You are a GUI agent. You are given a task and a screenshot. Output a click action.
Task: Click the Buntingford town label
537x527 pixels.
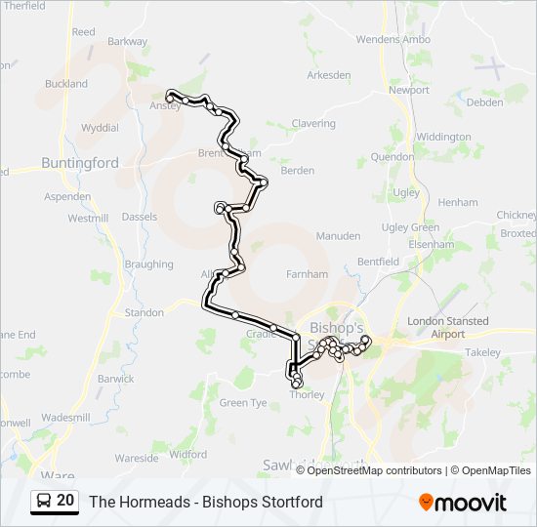tap(80, 163)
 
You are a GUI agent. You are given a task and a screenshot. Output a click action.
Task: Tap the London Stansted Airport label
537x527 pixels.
tap(436, 327)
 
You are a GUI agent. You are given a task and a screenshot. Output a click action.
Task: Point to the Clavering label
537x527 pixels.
tap(313, 124)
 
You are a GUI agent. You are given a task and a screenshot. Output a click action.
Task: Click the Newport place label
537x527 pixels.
tap(408, 90)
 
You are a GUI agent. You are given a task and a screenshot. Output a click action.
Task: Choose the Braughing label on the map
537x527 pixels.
tap(148, 264)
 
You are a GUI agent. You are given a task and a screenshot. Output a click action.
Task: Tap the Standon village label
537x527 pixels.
tap(145, 313)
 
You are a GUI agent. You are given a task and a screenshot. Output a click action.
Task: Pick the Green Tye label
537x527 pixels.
tap(243, 402)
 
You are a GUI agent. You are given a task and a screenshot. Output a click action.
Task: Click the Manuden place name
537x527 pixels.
tap(338, 236)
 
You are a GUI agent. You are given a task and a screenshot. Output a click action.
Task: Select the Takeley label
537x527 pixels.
tap(482, 352)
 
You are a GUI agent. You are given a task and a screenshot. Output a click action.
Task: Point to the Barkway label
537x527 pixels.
tap(128, 42)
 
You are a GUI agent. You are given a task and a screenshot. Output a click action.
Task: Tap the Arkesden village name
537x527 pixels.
tap(328, 74)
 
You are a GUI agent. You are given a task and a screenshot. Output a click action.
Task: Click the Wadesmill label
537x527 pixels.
tap(66, 417)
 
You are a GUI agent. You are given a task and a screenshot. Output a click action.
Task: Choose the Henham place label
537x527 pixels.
tap(459, 202)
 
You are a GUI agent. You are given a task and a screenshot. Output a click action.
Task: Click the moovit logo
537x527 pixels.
tap(463, 503)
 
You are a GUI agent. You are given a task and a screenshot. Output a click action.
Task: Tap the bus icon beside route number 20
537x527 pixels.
tap(44, 502)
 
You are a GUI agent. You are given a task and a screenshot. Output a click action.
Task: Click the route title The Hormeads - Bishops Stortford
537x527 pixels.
tap(206, 503)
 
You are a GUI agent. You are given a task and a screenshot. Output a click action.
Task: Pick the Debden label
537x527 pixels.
tap(485, 102)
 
